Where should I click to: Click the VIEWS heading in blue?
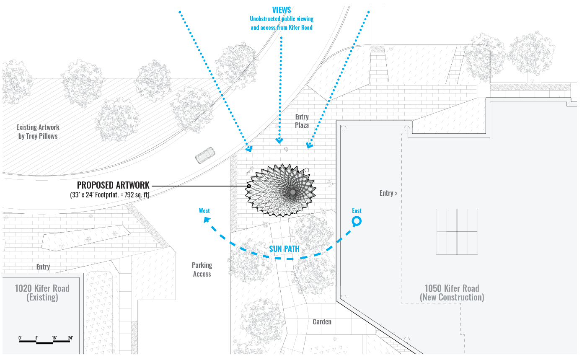click(x=281, y=10)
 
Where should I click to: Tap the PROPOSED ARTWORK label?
click(x=113, y=185)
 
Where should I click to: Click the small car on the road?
click(x=205, y=155)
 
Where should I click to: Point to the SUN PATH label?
click(x=284, y=249)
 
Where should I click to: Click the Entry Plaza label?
click(x=302, y=121)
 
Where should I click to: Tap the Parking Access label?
click(x=202, y=269)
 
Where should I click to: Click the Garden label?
click(x=322, y=322)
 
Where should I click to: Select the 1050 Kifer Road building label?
click(x=452, y=293)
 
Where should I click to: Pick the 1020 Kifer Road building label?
click(x=42, y=293)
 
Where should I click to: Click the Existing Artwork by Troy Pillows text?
click(x=38, y=132)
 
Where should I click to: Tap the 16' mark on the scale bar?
click(x=54, y=337)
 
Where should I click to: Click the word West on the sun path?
click(x=204, y=210)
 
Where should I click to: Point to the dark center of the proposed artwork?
click(x=293, y=192)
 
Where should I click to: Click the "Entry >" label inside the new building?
click(x=388, y=193)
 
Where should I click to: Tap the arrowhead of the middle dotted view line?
click(x=279, y=140)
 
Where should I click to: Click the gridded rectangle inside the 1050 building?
click(x=457, y=231)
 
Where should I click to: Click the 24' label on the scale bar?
click(x=70, y=337)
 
